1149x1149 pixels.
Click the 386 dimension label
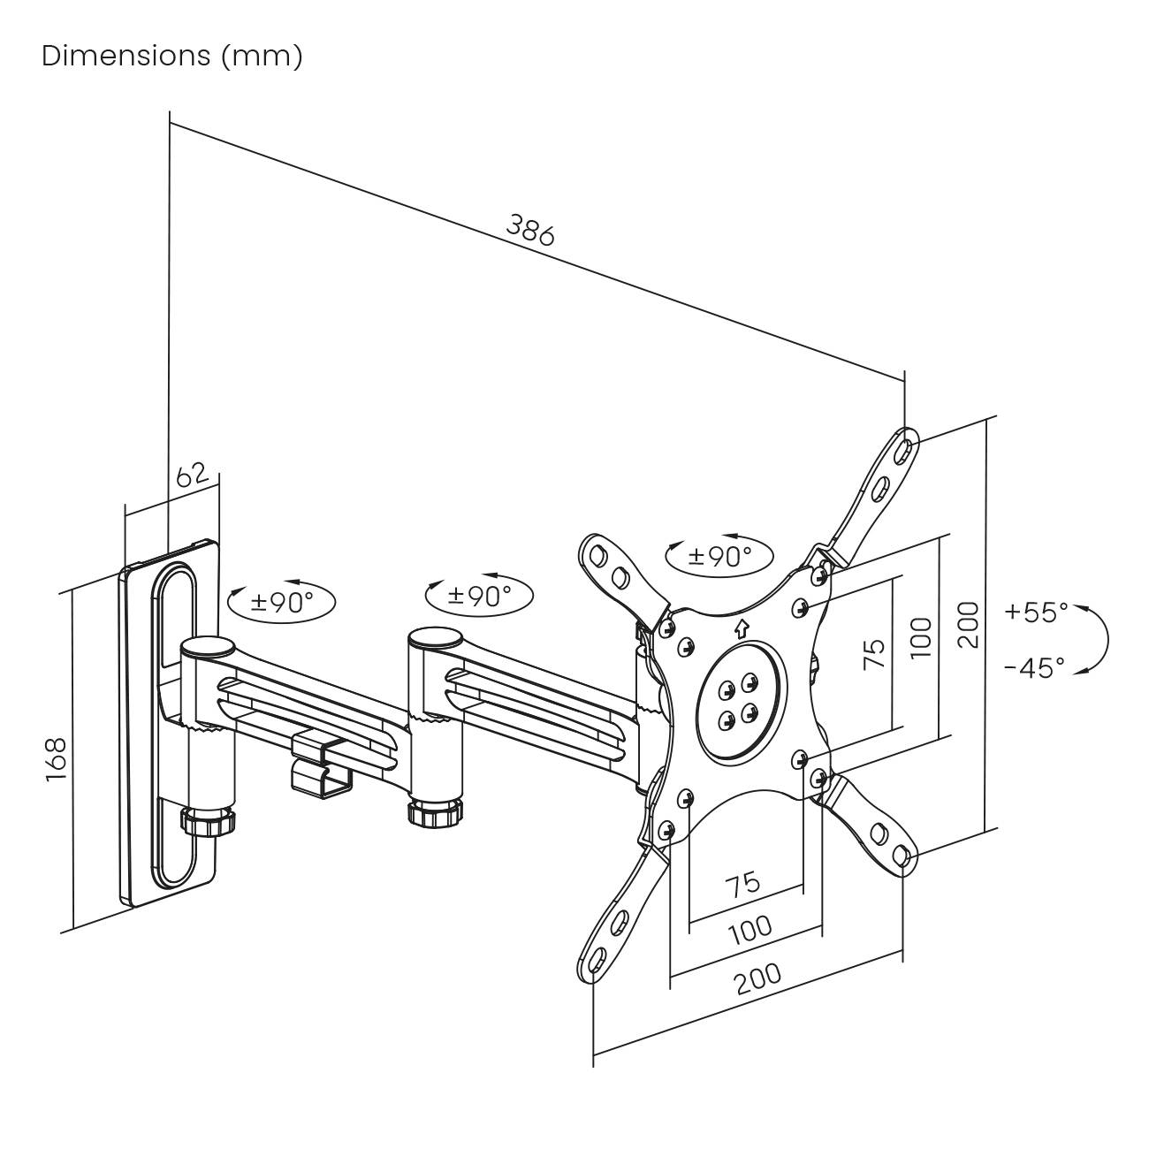[x=530, y=229]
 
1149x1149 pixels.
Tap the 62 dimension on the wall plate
[x=192, y=476]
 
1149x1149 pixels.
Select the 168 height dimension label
[x=55, y=758]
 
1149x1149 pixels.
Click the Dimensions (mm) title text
[x=172, y=56]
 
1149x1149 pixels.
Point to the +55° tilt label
[x=1036, y=612]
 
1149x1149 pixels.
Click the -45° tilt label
[x=1034, y=667]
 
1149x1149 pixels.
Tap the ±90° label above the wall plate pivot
[x=282, y=603]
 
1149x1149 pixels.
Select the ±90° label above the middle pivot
[x=479, y=595]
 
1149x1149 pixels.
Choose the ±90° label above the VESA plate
[x=720, y=556]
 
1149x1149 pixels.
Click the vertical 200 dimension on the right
[x=969, y=625]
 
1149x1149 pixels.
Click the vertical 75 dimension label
[x=873, y=652]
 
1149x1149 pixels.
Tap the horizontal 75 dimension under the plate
[x=742, y=882]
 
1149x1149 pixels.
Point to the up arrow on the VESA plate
[x=741, y=628]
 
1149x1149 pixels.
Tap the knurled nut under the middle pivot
[x=436, y=812]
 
